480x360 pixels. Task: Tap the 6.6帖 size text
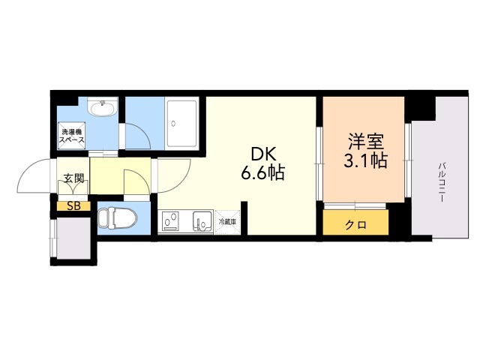(262, 173)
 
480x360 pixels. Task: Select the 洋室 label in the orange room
(365, 141)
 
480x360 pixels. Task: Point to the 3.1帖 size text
(365, 160)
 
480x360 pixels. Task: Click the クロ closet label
(356, 224)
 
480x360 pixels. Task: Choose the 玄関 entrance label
(73, 179)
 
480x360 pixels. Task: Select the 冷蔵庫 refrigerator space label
(227, 222)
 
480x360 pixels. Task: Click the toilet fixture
(117, 218)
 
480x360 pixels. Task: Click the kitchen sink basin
(202, 222)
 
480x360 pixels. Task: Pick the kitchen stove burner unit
(171, 222)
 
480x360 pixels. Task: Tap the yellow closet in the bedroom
(356, 223)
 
